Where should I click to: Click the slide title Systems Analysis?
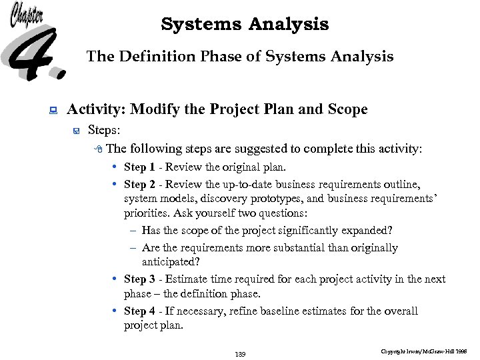(x=245, y=25)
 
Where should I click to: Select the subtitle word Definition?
(x=151, y=57)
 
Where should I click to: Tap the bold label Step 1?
(x=139, y=167)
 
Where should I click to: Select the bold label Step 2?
(x=139, y=184)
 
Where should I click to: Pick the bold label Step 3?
(x=139, y=279)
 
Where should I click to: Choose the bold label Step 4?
(x=139, y=311)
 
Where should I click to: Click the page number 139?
(x=240, y=353)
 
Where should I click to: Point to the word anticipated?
(x=171, y=263)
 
